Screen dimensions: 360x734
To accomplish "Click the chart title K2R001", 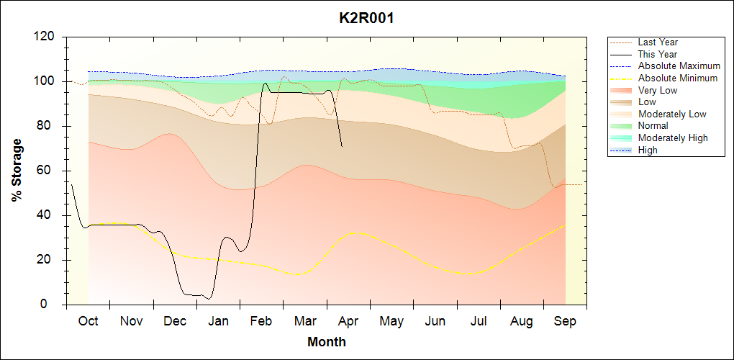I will pyautogui.click(x=366, y=18).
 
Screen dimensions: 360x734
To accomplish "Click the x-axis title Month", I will pyautogui.click(x=326, y=342).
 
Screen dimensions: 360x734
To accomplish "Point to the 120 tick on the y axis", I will pyautogui.click(x=47, y=37).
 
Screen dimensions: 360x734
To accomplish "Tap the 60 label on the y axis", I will pyautogui.click(x=50, y=171).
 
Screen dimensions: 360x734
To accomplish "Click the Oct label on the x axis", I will pyautogui.click(x=88, y=321).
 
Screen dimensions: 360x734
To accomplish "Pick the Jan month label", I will pyautogui.click(x=218, y=321).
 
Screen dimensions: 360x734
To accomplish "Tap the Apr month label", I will pyautogui.click(x=348, y=321).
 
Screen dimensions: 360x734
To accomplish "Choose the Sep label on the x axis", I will pyautogui.click(x=565, y=321).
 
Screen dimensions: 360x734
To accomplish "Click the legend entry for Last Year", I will pyautogui.click(x=658, y=42).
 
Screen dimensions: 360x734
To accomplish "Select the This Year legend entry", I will pyautogui.click(x=658, y=54).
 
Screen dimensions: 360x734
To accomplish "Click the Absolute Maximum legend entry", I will pyautogui.click(x=679, y=66).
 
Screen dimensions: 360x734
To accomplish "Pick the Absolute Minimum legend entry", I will pyautogui.click(x=678, y=78).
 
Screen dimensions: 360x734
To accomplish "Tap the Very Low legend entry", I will pyautogui.click(x=658, y=90).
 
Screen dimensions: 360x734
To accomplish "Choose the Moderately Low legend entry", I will pyautogui.click(x=672, y=114).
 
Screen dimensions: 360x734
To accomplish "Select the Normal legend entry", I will pyautogui.click(x=653, y=125).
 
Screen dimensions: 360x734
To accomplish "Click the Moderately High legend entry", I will pyautogui.click(x=673, y=138).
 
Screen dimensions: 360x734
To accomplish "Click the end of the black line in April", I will pyautogui.click(x=342, y=147).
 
